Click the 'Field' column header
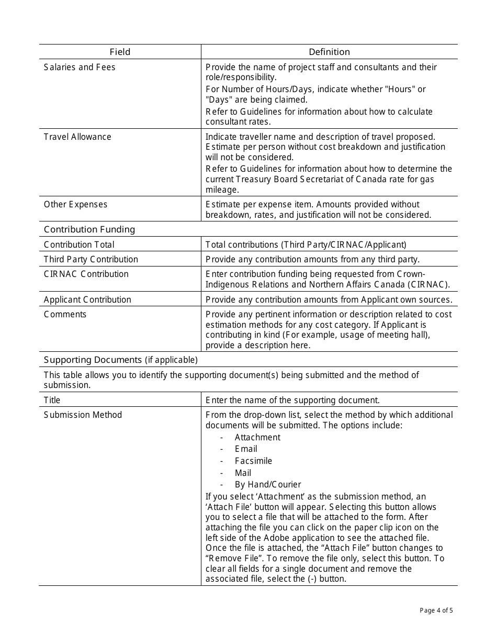click(x=120, y=52)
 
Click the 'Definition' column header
click(x=329, y=52)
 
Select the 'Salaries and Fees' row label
click(x=80, y=67)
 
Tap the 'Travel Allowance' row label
click(x=77, y=137)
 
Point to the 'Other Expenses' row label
click(x=75, y=204)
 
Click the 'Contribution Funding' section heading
click(x=89, y=229)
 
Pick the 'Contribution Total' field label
click(x=79, y=245)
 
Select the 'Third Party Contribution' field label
click(x=91, y=259)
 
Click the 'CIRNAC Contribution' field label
click(x=86, y=274)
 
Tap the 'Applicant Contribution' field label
click(x=87, y=299)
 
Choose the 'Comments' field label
click(x=65, y=314)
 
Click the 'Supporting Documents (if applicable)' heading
click(x=121, y=360)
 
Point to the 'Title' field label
click(x=52, y=400)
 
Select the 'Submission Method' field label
click(x=83, y=415)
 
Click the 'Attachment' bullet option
click(x=257, y=437)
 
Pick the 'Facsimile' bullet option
click(x=253, y=461)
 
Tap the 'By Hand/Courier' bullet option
click(x=268, y=484)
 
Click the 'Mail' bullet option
click(x=243, y=473)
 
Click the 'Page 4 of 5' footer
click(x=436, y=610)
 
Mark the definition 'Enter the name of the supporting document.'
click(x=292, y=400)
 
